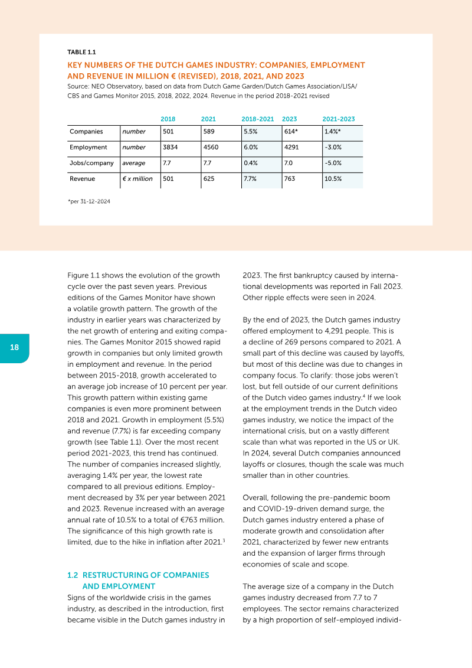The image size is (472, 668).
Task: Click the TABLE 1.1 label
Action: tap(82, 52)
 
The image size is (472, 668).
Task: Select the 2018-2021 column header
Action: tap(257, 119)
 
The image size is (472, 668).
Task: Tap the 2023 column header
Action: tap(290, 119)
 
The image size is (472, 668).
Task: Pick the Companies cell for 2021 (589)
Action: tap(209, 132)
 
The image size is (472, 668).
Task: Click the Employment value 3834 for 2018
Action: tap(170, 147)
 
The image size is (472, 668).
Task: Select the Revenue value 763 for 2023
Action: tap(290, 178)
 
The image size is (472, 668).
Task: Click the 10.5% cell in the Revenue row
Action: tap(333, 178)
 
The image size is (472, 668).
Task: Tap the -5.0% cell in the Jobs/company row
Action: tap(333, 163)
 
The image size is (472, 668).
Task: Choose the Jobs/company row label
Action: tap(91, 163)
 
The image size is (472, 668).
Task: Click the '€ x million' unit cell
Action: tap(137, 178)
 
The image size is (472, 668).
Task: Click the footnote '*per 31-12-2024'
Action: tap(89, 201)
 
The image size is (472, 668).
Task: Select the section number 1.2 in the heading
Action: tap(73, 575)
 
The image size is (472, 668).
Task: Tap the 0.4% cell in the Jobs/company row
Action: tap(251, 163)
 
